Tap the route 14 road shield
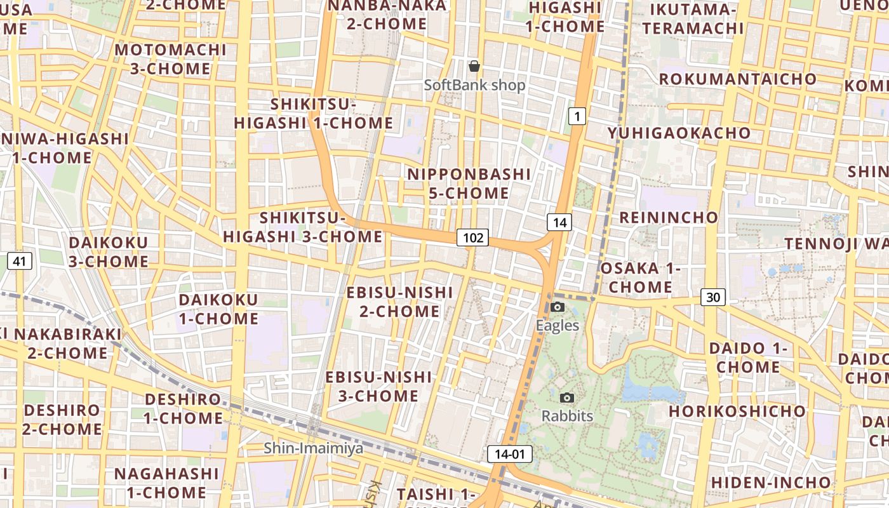pos(559,222)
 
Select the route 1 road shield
pos(576,116)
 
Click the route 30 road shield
pos(713,297)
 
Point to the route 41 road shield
pos(20,261)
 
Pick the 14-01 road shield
pos(510,454)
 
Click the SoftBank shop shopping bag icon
pos(474,66)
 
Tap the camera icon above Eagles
pos(558,307)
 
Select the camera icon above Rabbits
pos(567,398)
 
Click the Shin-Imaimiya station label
pos(314,448)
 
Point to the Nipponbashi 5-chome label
pos(469,184)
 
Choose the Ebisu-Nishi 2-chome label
pos(399,302)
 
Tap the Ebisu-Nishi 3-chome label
pos(378,386)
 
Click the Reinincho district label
pos(669,218)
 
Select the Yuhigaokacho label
pos(679,133)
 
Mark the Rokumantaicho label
pos(738,79)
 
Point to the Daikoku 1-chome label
pos(218,309)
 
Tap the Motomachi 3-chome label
pos(170,59)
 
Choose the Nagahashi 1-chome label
pos(166,483)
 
